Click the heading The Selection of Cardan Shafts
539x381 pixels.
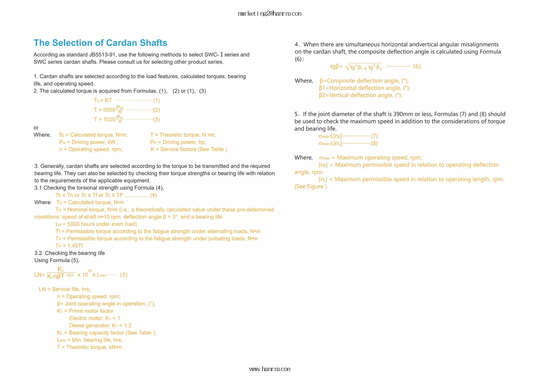[100, 43]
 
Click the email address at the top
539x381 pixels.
[269, 14]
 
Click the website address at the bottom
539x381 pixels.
[269, 369]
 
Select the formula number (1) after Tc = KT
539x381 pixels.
[157, 101]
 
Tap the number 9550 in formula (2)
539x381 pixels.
[109, 110]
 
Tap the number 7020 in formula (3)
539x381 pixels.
[109, 119]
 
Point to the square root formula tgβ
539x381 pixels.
[357, 67]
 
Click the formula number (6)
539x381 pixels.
[417, 66]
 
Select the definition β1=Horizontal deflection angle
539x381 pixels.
[365, 88]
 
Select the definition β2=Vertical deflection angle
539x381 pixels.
[361, 95]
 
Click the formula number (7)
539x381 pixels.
[374, 136]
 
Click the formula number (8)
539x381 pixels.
[374, 143]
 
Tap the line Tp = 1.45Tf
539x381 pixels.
[69, 246]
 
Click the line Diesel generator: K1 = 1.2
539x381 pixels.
[100, 325]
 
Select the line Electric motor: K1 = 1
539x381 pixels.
[94, 318]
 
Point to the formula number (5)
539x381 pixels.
[123, 275]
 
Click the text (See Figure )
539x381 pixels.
[310, 187]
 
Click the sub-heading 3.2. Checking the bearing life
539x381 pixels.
[69, 253]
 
